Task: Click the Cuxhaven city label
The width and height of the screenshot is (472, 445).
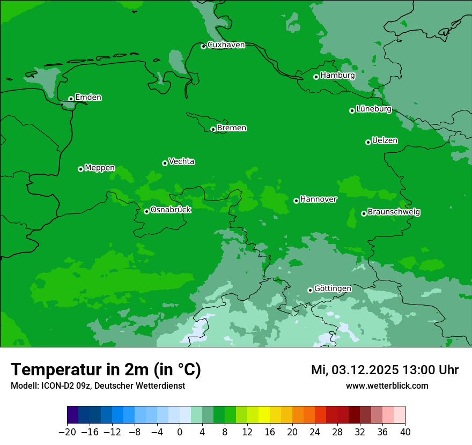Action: click(x=226, y=45)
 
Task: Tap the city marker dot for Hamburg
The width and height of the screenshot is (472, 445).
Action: click(x=316, y=77)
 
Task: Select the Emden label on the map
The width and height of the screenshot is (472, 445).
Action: click(x=88, y=98)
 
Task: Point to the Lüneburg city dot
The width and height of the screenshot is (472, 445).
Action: click(x=352, y=110)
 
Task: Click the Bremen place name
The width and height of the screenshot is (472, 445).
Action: click(x=232, y=128)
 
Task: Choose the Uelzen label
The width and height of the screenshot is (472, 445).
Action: click(x=385, y=141)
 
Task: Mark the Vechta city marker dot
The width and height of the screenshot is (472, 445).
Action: click(x=165, y=163)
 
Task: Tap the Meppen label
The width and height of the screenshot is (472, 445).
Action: click(x=100, y=168)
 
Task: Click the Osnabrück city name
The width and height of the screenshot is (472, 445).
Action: click(x=171, y=210)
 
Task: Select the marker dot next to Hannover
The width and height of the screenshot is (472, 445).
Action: click(x=296, y=201)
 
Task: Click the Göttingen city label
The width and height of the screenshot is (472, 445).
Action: click(x=333, y=289)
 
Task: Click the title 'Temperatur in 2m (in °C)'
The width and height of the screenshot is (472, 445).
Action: click(x=106, y=370)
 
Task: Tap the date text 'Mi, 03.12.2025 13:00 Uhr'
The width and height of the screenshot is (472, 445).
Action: click(x=385, y=370)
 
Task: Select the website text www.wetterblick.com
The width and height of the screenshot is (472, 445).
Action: click(x=387, y=386)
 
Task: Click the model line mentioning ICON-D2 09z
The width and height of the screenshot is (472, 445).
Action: click(x=98, y=386)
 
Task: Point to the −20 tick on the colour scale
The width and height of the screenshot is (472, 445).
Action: click(x=67, y=432)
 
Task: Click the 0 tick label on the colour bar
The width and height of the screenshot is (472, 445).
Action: click(x=180, y=432)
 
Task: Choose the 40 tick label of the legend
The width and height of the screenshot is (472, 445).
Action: click(x=405, y=432)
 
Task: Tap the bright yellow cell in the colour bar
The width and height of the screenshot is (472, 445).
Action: click(x=264, y=415)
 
